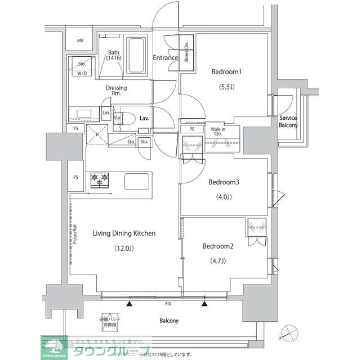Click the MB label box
click(81, 41)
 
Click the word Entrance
click(166, 58)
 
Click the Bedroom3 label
click(224, 182)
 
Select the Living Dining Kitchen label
click(116, 233)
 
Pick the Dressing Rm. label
click(117, 91)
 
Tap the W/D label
click(82, 73)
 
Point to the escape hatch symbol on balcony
click(109, 321)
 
